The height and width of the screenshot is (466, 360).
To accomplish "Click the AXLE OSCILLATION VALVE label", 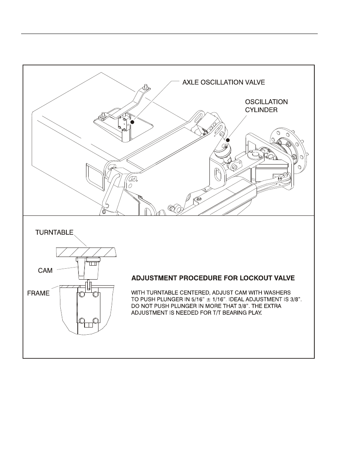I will click(223, 82).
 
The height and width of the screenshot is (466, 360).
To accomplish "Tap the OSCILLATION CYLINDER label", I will click(266, 106).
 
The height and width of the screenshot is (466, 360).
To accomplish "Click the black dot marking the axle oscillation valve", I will click(132, 122).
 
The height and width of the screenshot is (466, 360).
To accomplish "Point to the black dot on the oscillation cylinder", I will click(228, 140).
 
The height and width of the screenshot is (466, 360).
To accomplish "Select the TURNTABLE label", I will click(54, 232).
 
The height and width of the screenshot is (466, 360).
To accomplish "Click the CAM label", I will click(45, 271).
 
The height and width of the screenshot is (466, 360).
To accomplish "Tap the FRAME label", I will click(38, 293).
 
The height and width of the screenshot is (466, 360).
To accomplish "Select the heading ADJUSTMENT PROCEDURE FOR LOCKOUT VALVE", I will click(213, 278).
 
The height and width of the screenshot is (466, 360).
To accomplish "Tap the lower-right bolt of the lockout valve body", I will click(95, 321).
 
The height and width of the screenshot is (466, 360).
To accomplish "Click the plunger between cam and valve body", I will click(88, 285).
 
